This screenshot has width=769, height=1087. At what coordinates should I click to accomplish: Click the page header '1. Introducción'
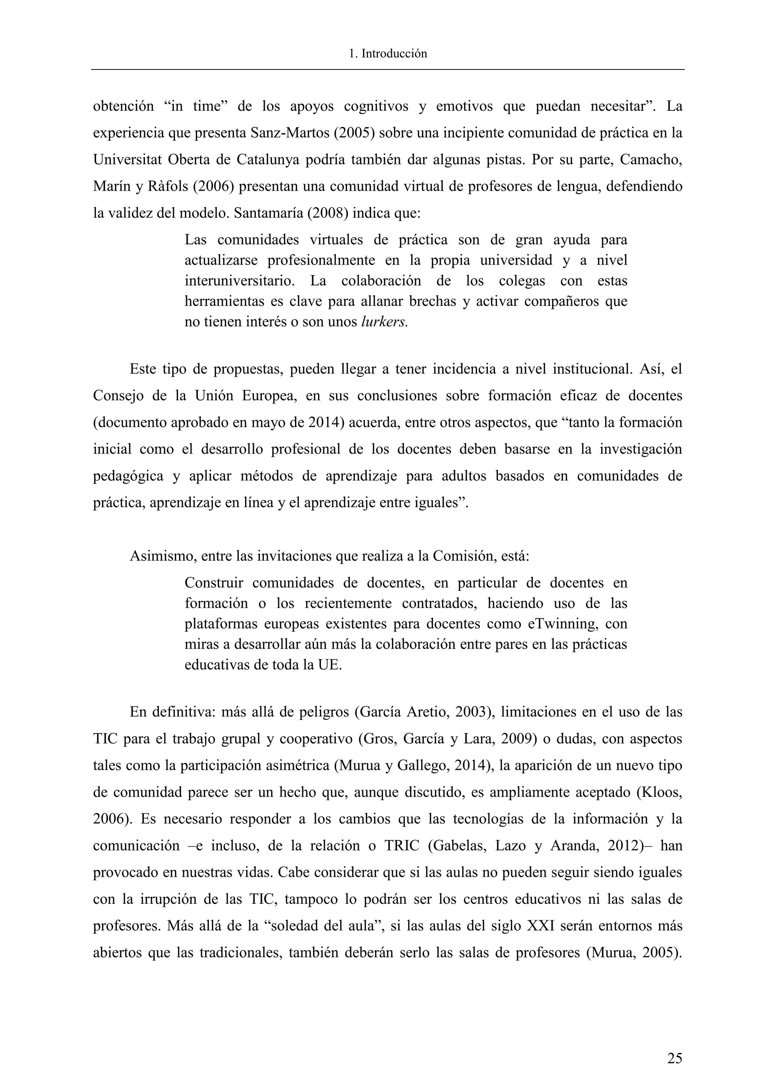[388, 54]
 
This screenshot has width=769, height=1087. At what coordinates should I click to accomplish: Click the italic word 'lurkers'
[383, 322]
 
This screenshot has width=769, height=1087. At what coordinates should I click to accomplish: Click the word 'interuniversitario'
[239, 281]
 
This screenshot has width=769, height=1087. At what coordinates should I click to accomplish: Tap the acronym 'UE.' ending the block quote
[330, 665]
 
